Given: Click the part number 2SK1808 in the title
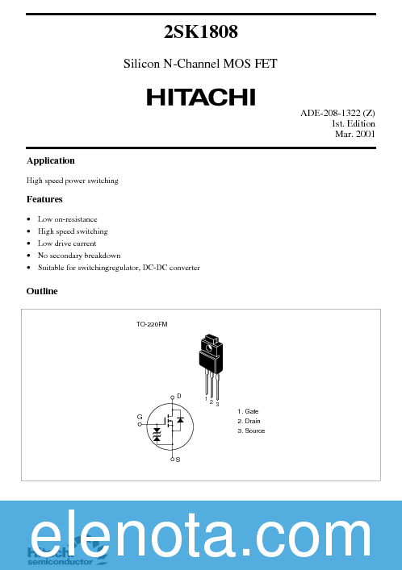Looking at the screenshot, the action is click(x=200, y=32).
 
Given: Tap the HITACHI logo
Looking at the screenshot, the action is click(x=200, y=97).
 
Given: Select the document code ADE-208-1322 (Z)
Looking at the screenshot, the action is click(x=337, y=113).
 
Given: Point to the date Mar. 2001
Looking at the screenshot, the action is click(x=354, y=134).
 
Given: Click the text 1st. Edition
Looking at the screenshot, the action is click(x=353, y=123).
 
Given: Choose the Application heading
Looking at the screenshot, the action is click(x=50, y=160).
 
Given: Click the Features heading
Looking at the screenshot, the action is click(x=44, y=199).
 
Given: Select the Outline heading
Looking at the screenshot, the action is click(x=42, y=291).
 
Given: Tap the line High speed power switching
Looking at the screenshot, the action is click(x=72, y=181).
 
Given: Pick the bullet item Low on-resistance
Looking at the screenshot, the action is click(x=67, y=219).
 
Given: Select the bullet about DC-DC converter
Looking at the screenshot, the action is click(x=119, y=268).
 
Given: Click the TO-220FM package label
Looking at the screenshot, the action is click(x=152, y=324).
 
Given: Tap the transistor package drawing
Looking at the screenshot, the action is click(x=210, y=360).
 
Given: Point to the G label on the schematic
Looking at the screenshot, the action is click(x=140, y=417).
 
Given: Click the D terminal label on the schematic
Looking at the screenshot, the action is click(x=178, y=397).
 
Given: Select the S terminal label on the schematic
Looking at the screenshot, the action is click(x=178, y=459).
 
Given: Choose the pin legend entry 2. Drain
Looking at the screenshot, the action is click(x=249, y=421).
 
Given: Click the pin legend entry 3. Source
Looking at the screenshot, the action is click(x=250, y=431).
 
